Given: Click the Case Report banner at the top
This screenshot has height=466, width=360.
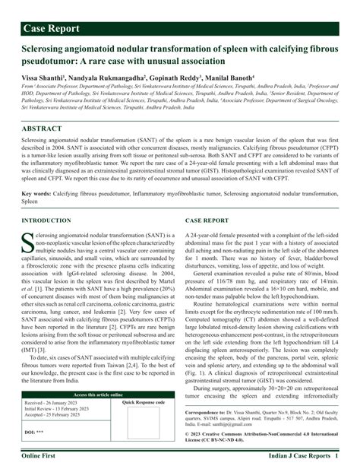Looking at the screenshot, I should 56,29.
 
